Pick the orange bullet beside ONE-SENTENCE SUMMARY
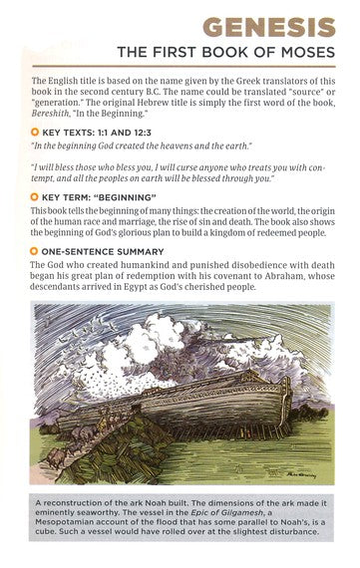click(36, 250)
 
